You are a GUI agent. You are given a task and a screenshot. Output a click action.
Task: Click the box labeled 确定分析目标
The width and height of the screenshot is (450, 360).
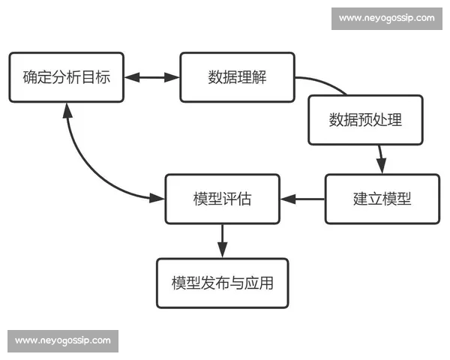point(66,77)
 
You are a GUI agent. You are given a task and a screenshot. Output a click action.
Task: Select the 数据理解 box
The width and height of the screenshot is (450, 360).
point(237,77)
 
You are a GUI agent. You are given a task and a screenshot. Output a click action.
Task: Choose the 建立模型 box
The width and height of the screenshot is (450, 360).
point(382,199)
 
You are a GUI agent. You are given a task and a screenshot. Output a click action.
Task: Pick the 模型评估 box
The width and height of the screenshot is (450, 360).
point(222,199)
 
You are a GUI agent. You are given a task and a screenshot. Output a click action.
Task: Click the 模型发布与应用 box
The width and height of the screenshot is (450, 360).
point(222,283)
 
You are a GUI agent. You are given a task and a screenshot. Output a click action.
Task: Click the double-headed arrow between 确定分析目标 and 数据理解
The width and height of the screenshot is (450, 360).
point(151,77)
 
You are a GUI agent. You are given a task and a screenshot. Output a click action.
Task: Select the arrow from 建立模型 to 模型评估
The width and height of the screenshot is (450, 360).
point(302,199)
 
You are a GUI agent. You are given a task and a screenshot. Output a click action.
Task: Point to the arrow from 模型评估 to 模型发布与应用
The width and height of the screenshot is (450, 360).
point(222,240)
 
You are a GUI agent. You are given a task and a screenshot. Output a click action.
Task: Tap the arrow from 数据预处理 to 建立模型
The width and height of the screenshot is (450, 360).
point(380,159)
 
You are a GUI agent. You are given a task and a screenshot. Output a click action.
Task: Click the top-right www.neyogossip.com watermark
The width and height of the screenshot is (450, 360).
point(386,18)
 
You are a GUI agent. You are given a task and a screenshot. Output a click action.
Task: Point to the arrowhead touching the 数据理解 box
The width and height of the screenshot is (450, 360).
point(175,77)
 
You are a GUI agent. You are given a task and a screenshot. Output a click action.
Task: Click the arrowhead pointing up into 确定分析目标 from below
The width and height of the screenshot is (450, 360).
point(67,109)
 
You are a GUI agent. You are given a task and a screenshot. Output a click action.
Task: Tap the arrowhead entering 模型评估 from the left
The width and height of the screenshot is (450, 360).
point(157,198)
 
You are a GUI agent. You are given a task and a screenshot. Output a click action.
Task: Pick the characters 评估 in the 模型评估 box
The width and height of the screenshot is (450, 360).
point(236,199)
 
